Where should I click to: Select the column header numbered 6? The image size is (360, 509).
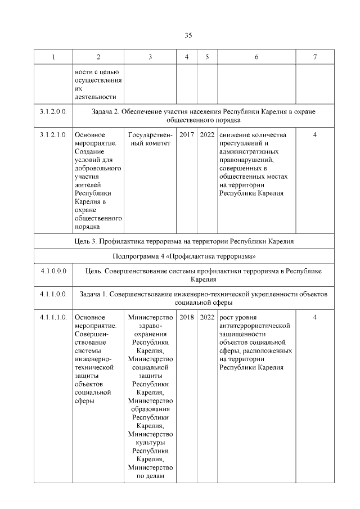point(256,57)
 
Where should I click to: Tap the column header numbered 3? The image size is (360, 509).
point(150,57)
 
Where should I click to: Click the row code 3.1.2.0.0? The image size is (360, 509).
point(53,112)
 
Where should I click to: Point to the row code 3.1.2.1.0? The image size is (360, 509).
point(53,135)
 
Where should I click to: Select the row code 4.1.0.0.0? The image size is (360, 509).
point(53,271)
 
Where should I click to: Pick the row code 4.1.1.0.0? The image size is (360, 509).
point(53,294)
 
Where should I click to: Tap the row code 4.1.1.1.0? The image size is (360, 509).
point(53,318)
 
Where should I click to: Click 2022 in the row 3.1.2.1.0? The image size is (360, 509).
point(207,135)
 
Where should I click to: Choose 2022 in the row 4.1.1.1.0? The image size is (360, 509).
point(207,318)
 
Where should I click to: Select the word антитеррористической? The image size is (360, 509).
point(254,326)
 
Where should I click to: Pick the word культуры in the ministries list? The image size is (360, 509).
point(150,442)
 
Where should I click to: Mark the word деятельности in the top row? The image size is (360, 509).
point(94,96)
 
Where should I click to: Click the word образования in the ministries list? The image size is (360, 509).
point(150,409)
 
